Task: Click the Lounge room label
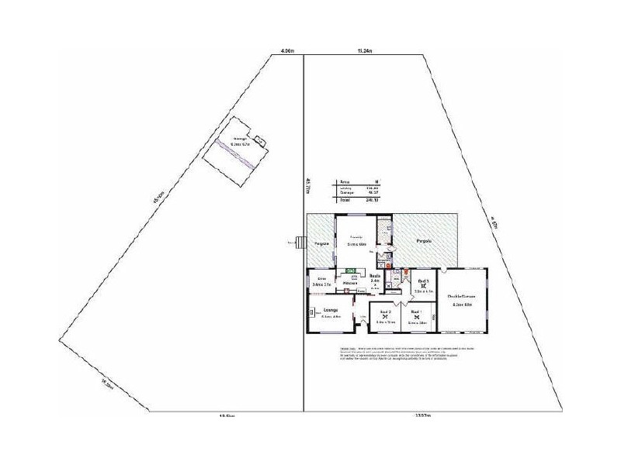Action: tap(331, 309)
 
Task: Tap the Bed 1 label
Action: tap(416, 312)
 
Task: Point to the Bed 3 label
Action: tap(423, 281)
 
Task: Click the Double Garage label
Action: tap(461, 296)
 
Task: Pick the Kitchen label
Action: tap(349, 284)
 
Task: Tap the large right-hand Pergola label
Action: tap(423, 241)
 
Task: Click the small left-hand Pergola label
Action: tap(322, 243)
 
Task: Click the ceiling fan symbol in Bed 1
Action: tap(416, 317)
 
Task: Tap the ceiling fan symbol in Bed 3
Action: tap(423, 286)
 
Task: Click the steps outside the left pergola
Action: tap(298, 242)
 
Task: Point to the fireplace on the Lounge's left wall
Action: tap(311, 313)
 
